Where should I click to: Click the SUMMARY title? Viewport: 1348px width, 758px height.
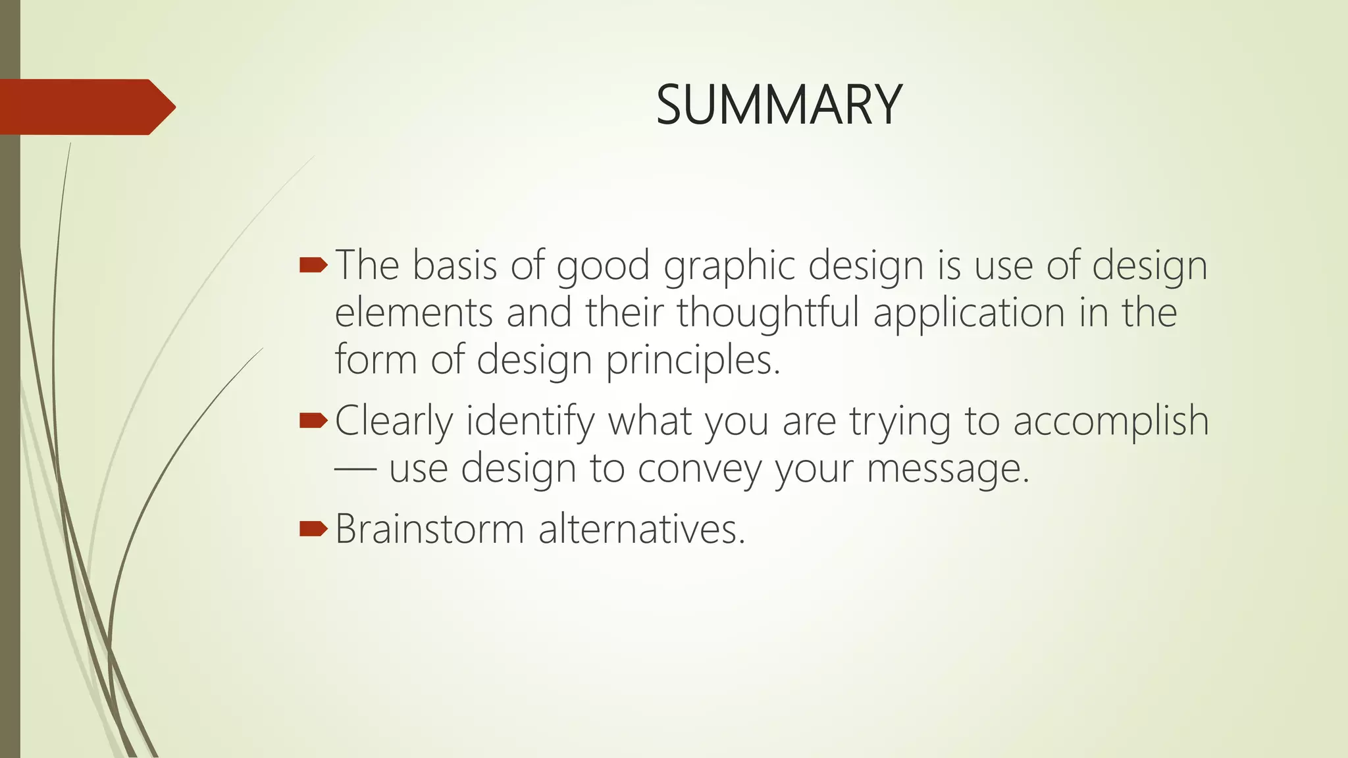779,105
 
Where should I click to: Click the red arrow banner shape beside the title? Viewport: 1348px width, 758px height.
86,107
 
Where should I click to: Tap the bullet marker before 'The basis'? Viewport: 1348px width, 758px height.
313,265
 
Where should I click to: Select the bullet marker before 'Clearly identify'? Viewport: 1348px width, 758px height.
313,420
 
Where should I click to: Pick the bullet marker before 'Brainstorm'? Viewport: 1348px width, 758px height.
313,528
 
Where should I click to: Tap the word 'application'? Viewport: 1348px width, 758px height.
969,313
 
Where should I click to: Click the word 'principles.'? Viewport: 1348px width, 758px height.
693,361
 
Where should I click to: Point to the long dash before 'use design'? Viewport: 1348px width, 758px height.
355,470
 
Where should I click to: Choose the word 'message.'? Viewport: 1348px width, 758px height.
948,470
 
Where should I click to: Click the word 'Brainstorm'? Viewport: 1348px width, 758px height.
430,529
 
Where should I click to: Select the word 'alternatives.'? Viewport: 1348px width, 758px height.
642,529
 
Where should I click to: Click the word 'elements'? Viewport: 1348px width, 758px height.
413,313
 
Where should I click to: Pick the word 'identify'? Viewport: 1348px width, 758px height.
531,422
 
